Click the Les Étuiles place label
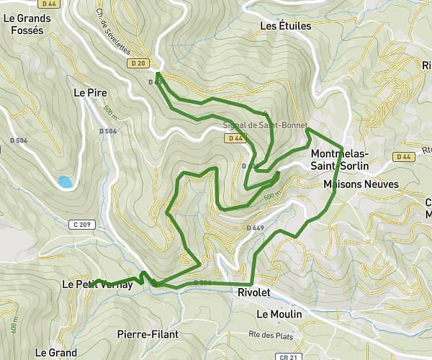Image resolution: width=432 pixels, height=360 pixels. [x=285, y=27]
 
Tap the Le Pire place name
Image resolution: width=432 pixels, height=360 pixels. [x=89, y=93]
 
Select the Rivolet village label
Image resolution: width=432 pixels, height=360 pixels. [x=253, y=292]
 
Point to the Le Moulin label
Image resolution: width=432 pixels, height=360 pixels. [x=279, y=315]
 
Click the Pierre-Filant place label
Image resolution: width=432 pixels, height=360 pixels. [x=147, y=334]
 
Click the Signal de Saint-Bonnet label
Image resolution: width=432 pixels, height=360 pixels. [x=265, y=125]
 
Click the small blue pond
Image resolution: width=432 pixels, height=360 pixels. [x=66, y=182]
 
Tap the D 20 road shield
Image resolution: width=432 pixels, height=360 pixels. [x=140, y=63]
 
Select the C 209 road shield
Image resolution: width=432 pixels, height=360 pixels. [x=81, y=225]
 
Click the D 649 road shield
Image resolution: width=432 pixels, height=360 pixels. [x=255, y=228]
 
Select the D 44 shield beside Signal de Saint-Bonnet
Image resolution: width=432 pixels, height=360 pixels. [x=233, y=138]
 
